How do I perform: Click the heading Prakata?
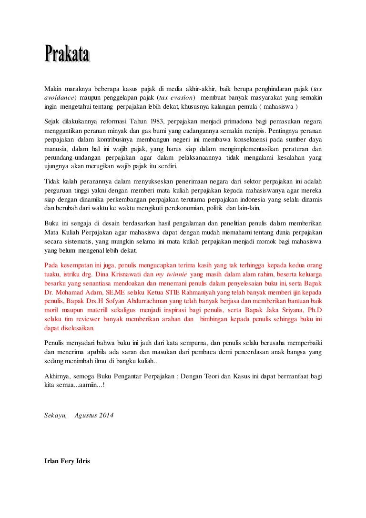(67, 54)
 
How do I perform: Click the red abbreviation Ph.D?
(313, 309)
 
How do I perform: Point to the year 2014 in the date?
(106, 415)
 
